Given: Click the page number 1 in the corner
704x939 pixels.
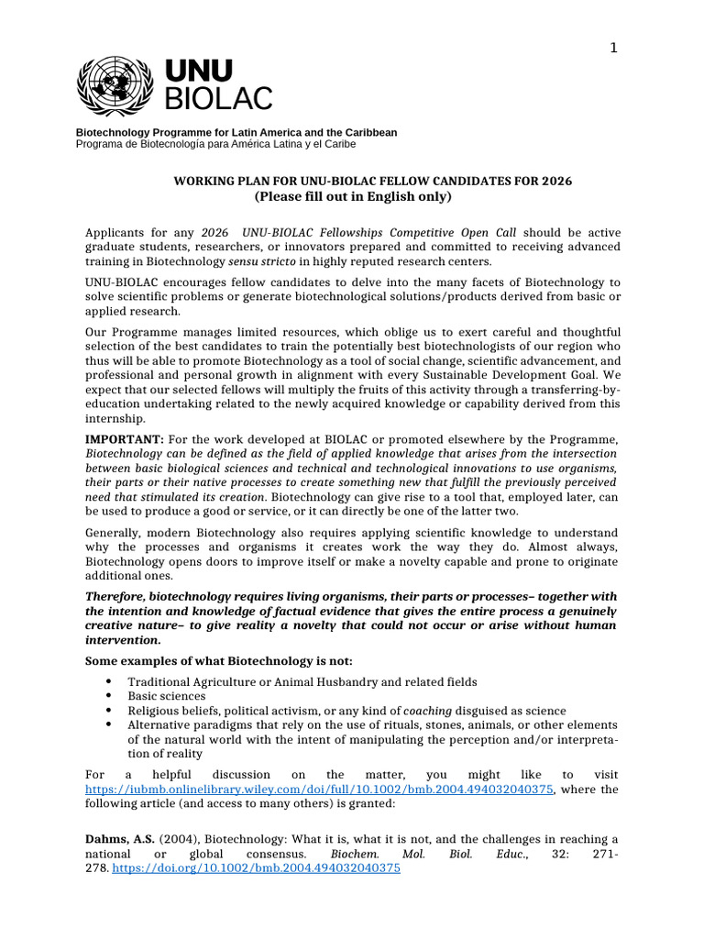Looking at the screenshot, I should [614, 49].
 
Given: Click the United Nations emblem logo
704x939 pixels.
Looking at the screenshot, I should [115, 82].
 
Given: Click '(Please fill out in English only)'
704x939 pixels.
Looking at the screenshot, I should [352, 197].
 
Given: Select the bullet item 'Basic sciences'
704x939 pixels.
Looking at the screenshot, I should [167, 696].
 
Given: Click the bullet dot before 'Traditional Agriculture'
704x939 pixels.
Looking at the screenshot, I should [109, 681].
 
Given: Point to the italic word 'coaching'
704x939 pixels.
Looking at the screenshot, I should [429, 711].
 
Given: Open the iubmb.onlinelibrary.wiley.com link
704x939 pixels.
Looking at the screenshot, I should [320, 789].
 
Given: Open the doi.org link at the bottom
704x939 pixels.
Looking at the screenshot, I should [256, 867].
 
